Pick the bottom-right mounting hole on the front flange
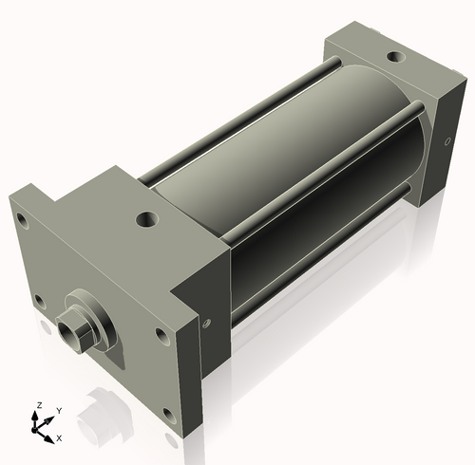click(x=168, y=413)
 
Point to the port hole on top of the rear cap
click(x=391, y=55)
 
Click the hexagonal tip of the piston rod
click(x=69, y=332)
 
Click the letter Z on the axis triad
click(x=38, y=404)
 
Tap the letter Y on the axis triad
click(x=59, y=410)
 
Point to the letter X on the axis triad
click(x=59, y=437)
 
